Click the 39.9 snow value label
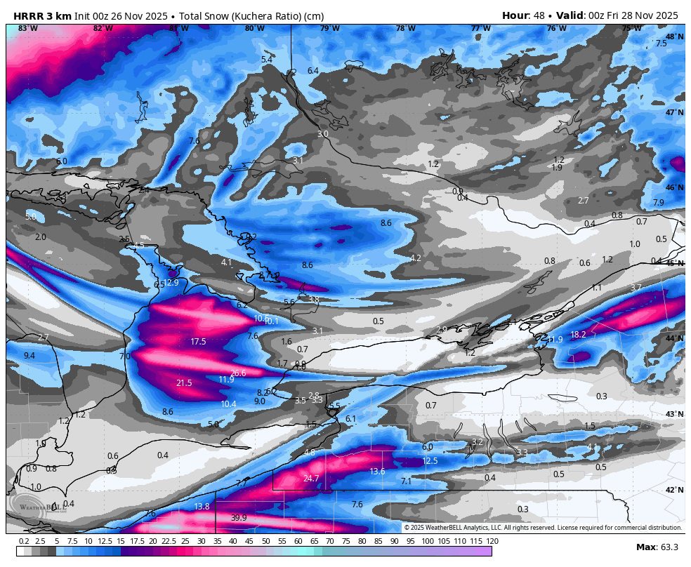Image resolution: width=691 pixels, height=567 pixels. coord(239,518)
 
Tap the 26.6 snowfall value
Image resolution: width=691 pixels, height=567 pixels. coord(239,373)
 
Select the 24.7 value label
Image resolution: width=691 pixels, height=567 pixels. coord(311,479)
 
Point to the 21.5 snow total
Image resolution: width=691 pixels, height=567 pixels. coord(184,383)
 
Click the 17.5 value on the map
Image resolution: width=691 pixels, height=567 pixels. coord(198,342)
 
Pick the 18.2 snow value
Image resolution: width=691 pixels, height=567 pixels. coord(578,335)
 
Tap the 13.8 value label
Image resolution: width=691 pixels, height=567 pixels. coord(202,507)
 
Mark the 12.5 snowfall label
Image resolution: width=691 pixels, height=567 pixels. coord(430,461)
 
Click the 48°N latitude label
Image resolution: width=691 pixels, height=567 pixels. coord(674,36)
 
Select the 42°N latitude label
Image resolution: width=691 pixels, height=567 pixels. coord(674,491)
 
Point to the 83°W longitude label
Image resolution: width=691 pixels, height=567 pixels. coord(27,29)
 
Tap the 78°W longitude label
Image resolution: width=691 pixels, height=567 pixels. coord(405,29)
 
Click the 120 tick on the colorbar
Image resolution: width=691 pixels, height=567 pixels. coord(492,541)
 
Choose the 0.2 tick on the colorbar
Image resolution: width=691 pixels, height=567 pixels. coord(24,541)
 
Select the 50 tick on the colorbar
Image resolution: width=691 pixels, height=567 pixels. coord(265,541)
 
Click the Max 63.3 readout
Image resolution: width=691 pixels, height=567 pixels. coord(657,547)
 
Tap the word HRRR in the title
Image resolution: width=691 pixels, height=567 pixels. coord(28,15)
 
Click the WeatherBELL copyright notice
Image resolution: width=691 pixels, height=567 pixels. coord(542,528)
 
